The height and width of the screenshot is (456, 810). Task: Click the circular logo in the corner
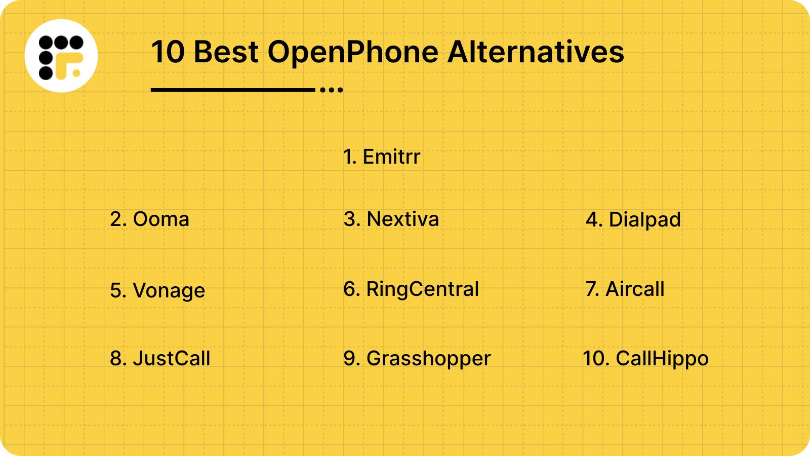[61, 56]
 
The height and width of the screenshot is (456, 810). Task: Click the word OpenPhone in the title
[353, 52]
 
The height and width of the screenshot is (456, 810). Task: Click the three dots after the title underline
[332, 90]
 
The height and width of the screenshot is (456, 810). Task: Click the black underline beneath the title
[233, 90]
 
